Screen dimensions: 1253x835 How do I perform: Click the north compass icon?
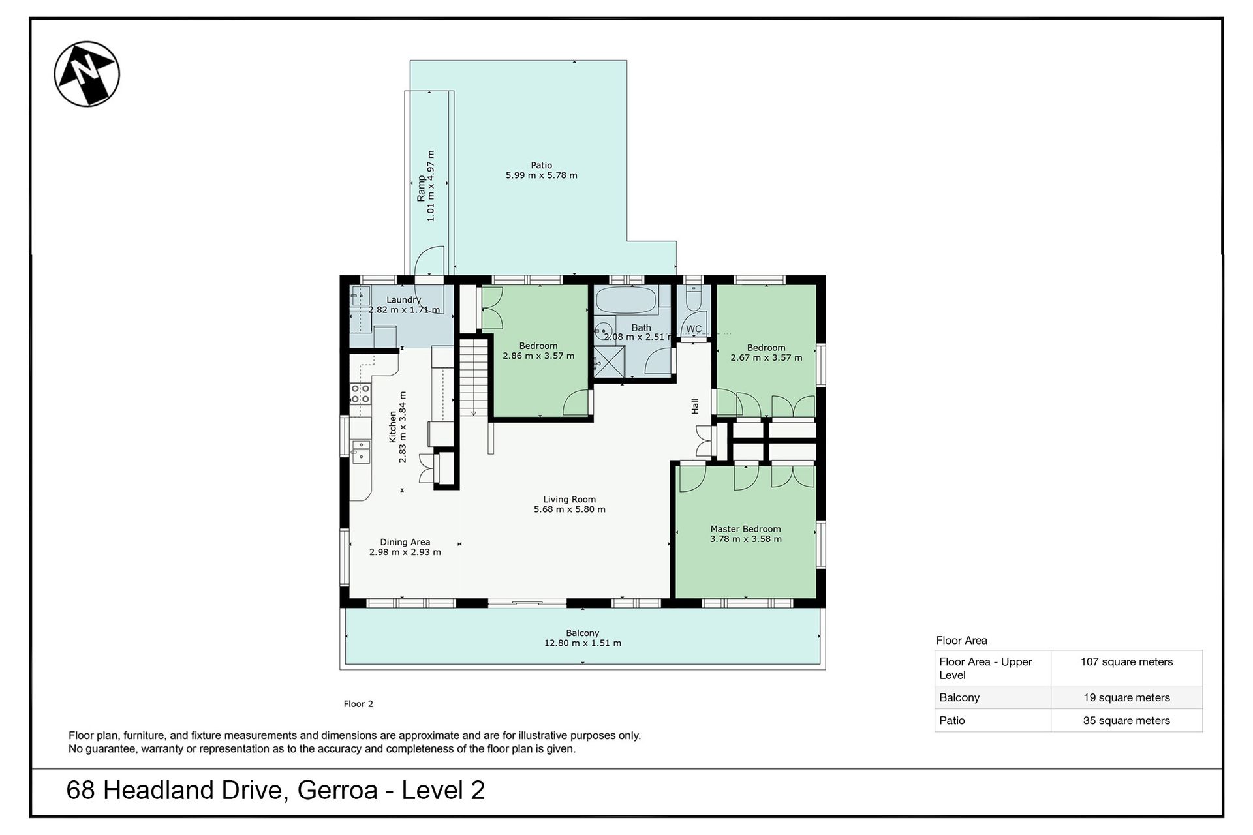(87, 74)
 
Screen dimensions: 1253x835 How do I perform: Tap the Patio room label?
(542, 166)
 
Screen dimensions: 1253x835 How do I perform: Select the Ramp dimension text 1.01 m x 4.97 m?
(431, 187)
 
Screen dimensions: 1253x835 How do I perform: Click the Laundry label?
(404, 300)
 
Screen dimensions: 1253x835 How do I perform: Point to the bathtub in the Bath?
(627, 301)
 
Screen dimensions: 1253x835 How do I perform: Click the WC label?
(694, 329)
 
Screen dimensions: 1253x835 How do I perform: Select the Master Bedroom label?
(745, 529)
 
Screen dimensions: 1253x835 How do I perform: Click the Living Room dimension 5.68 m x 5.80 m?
(570, 509)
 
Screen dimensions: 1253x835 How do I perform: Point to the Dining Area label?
(405, 542)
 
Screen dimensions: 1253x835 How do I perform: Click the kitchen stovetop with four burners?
(360, 394)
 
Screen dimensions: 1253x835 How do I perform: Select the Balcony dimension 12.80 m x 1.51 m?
(583, 643)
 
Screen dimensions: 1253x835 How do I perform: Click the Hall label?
(695, 406)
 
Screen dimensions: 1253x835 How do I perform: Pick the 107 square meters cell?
(1126, 662)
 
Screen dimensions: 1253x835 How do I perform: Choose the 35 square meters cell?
(1126, 721)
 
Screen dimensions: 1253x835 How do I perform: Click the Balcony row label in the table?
(959, 698)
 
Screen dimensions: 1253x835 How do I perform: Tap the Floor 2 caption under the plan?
(358, 704)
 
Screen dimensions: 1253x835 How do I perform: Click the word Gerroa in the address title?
(337, 791)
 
